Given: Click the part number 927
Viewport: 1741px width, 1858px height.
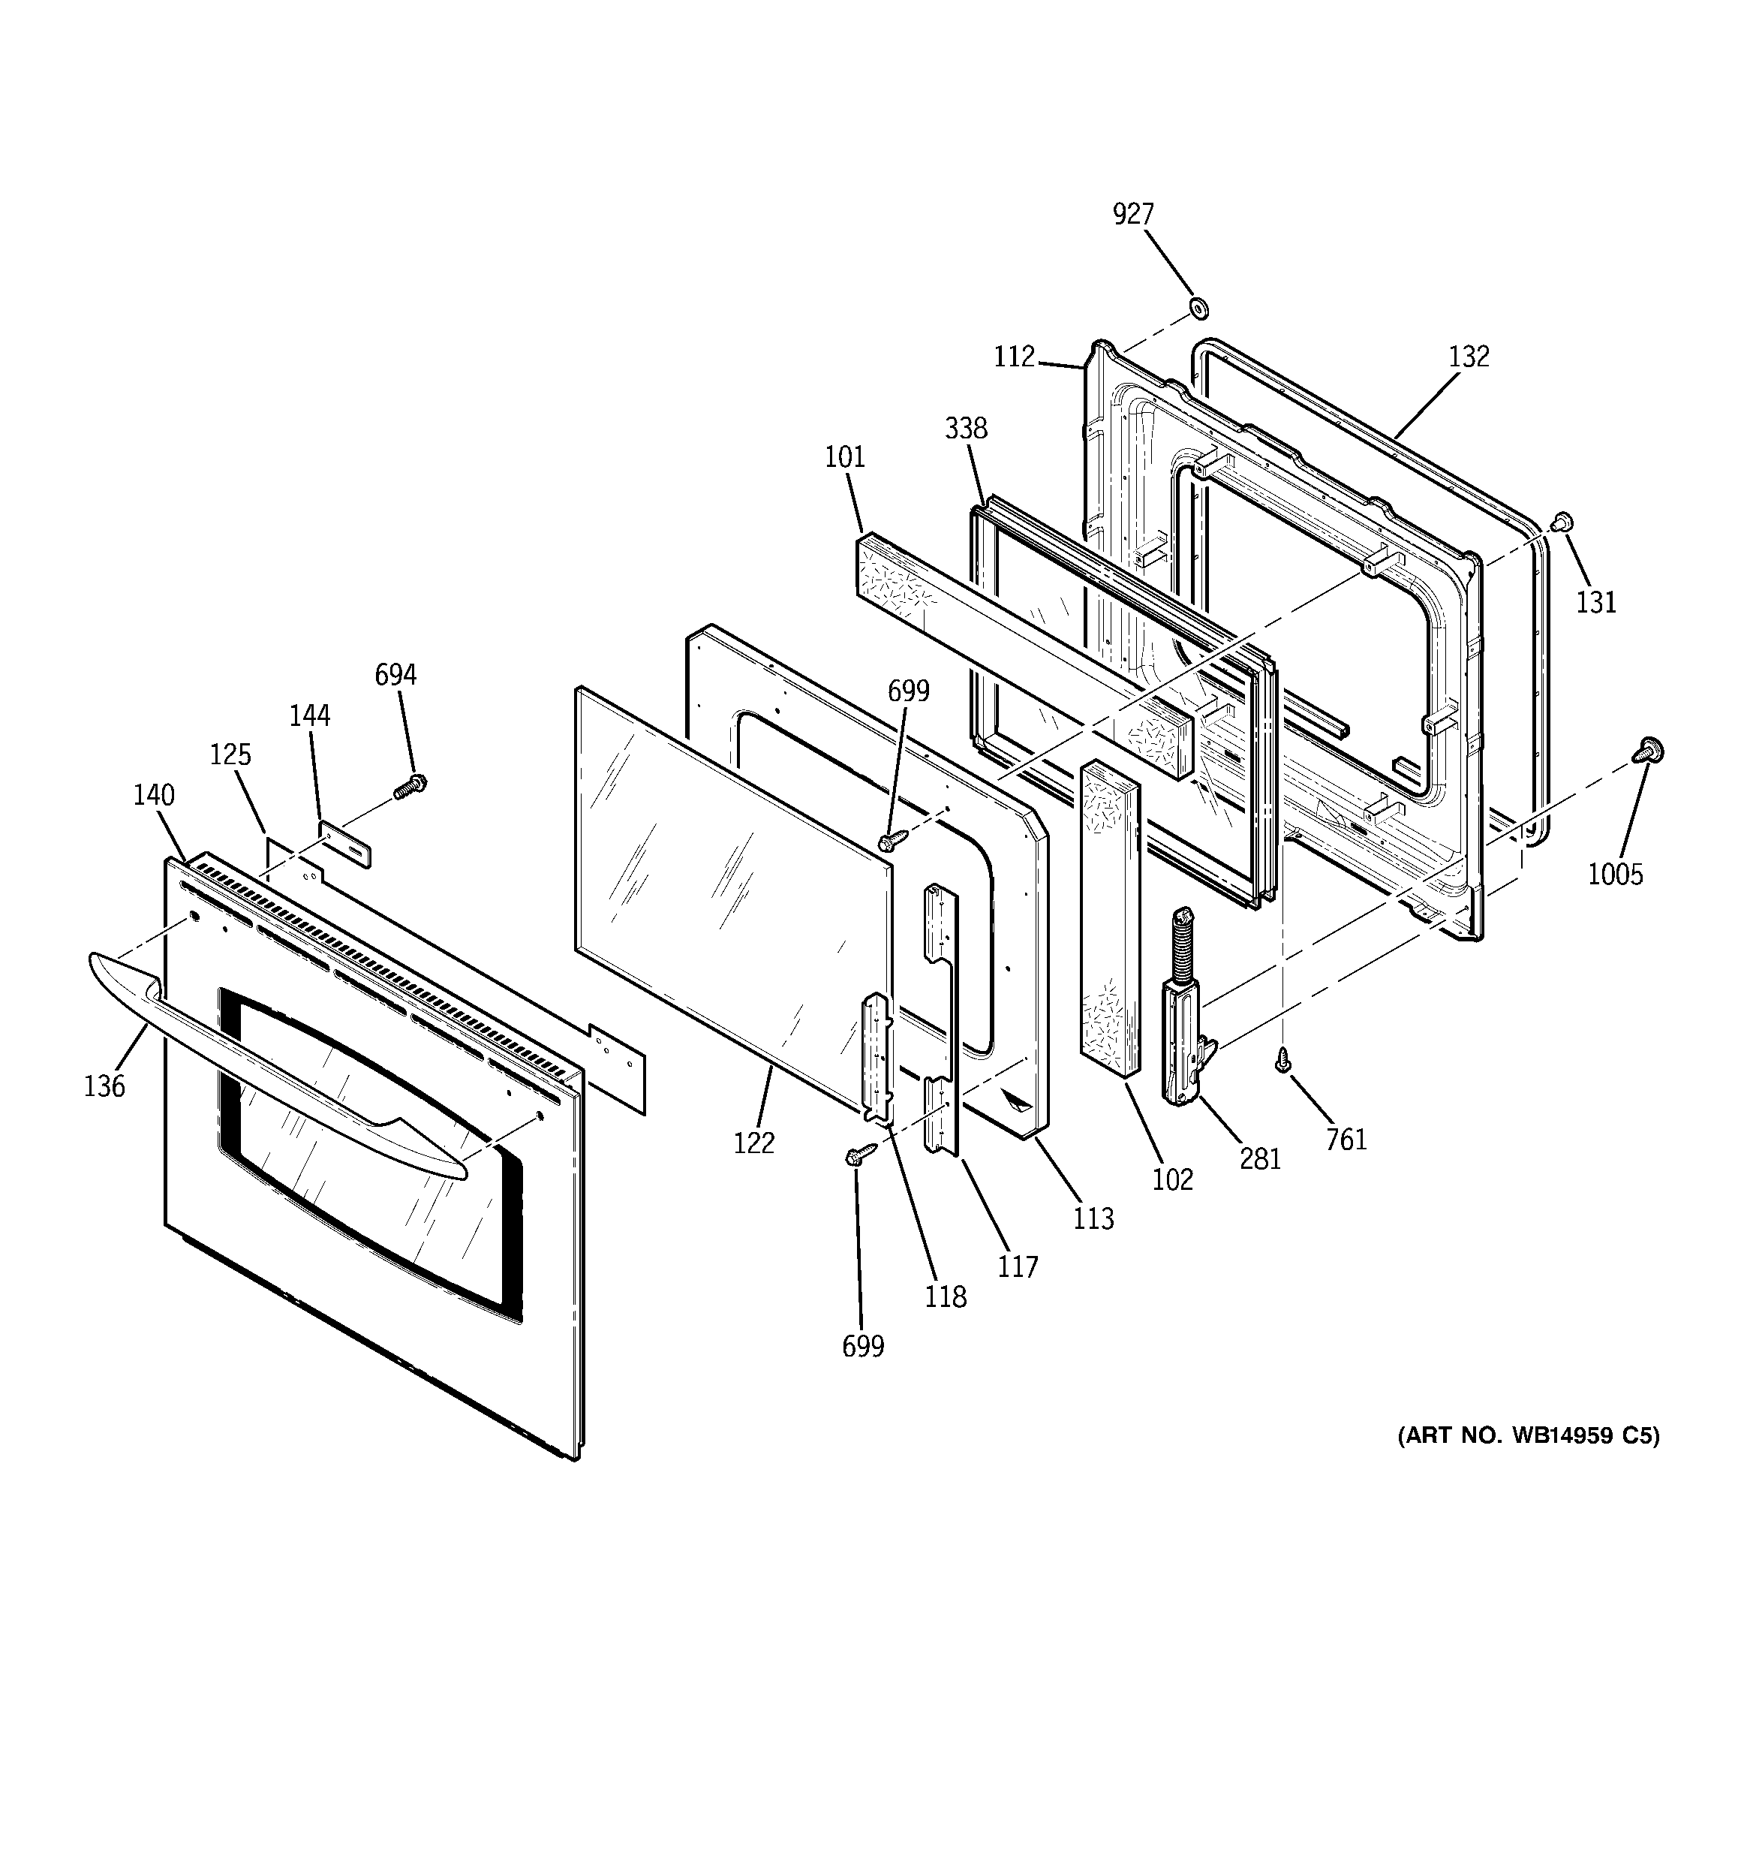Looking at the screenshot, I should pyautogui.click(x=1132, y=214).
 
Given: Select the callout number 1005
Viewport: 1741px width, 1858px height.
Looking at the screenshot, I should pyautogui.click(x=1615, y=874).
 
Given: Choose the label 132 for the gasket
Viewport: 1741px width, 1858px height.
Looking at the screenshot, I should pyautogui.click(x=1468, y=356).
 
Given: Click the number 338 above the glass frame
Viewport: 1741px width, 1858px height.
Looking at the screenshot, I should pyautogui.click(x=965, y=428).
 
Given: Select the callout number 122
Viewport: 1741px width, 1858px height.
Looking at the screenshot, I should pyautogui.click(x=754, y=1142).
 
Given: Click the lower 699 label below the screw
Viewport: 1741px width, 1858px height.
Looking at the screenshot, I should pyautogui.click(x=862, y=1346).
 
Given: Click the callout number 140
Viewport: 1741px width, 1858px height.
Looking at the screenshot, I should pyautogui.click(x=153, y=794).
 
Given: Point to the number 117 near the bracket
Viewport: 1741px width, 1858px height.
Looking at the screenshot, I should pyautogui.click(x=1018, y=1266).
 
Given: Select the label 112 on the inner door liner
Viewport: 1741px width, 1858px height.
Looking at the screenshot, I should pyautogui.click(x=1014, y=356).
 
